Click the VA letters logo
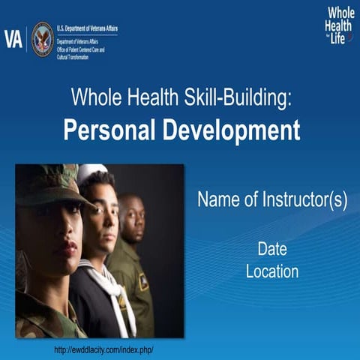pos(13,38)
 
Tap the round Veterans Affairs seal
pos(42,38)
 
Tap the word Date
pos(272,249)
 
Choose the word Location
pos(272,271)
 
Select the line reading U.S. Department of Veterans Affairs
pos(87,28)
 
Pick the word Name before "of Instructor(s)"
pos(217,201)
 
